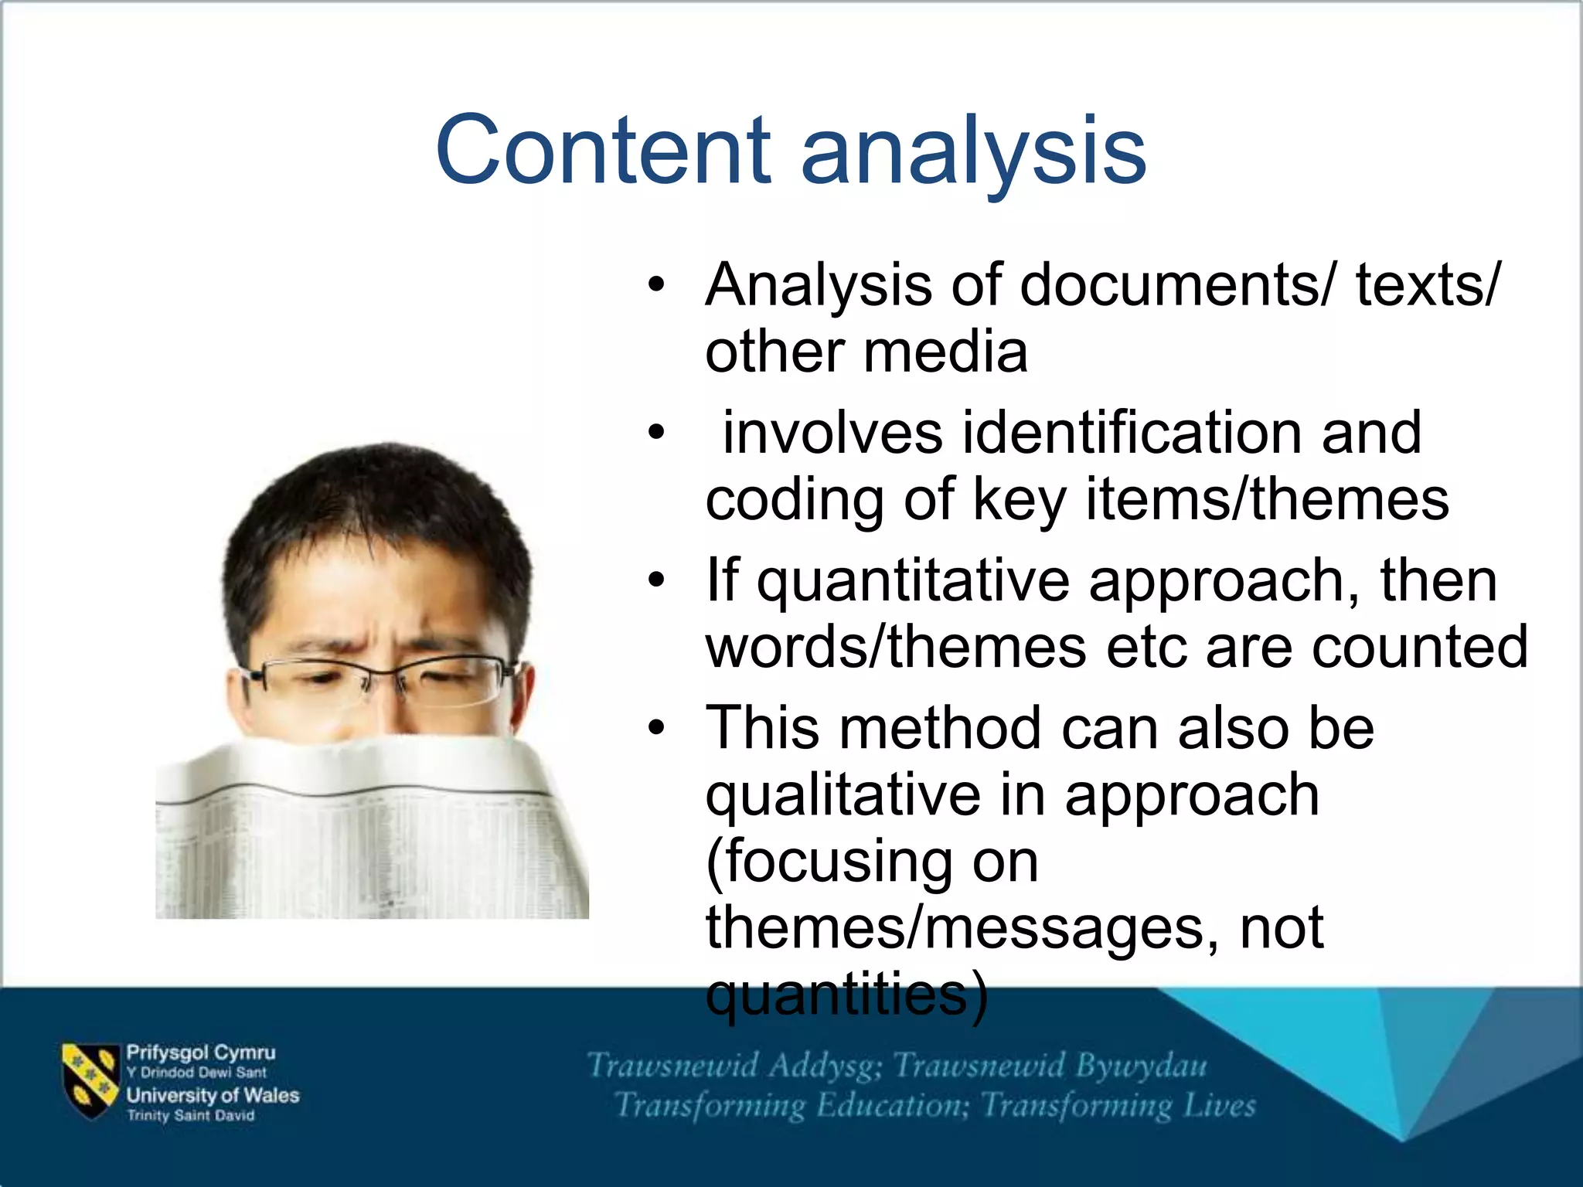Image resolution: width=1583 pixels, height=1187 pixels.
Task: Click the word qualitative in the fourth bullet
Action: point(843,796)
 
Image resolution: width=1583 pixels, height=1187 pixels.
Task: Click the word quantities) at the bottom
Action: point(846,995)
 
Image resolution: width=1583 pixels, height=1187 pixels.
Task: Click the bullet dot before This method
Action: point(656,729)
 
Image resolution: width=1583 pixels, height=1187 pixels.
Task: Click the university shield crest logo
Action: point(90,1081)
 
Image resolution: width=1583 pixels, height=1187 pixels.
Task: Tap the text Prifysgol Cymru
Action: point(200,1053)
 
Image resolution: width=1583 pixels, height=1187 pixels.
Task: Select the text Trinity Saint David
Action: point(190,1115)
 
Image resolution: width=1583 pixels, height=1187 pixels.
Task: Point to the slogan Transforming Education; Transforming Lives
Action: point(935,1106)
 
